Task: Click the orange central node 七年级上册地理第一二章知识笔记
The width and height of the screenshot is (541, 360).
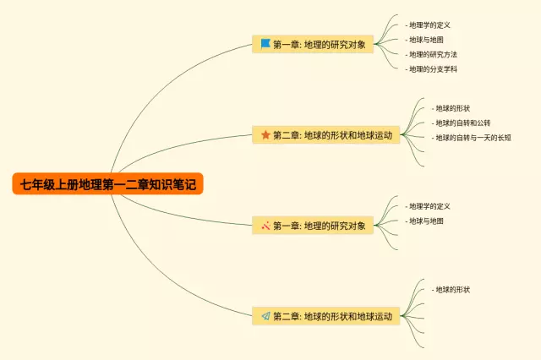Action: (x=108, y=183)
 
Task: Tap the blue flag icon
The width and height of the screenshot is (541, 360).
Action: (x=265, y=44)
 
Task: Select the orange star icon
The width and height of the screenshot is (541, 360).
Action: (x=265, y=134)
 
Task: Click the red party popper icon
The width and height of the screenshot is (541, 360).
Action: (x=265, y=226)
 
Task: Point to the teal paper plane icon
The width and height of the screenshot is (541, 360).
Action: (x=265, y=316)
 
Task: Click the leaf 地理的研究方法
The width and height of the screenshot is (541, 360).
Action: (x=433, y=54)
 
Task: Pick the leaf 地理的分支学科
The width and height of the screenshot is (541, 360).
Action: (x=433, y=68)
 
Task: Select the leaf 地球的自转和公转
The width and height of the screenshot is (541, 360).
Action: (x=463, y=123)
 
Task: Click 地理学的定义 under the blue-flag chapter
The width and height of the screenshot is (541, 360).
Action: (x=429, y=25)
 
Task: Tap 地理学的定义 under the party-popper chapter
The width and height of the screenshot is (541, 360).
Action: (x=429, y=206)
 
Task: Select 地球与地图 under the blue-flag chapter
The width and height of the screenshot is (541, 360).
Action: (x=425, y=40)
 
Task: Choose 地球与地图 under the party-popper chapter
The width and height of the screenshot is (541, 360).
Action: (x=425, y=221)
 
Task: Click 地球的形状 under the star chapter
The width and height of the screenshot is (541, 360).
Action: (x=452, y=108)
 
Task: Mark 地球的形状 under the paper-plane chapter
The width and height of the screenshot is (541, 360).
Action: (x=452, y=290)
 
